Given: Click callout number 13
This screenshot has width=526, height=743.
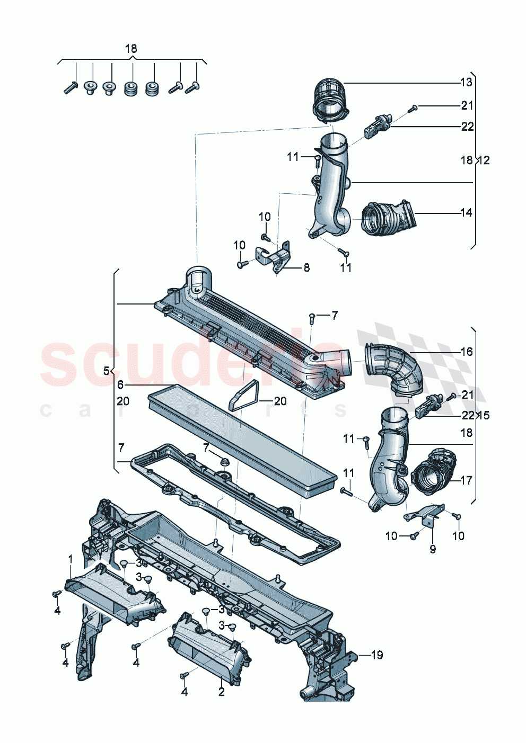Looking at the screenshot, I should click(466, 82).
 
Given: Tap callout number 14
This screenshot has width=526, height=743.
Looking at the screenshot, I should click(466, 213).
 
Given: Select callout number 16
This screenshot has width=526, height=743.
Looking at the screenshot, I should click(466, 352).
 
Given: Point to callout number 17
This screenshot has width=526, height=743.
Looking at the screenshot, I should click(466, 480).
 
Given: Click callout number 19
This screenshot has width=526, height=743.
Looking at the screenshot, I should click(376, 655).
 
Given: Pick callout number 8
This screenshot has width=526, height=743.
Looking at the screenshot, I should click(306, 268).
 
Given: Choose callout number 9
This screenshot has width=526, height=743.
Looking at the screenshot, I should click(433, 549).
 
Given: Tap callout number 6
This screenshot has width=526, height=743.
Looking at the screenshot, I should click(120, 385).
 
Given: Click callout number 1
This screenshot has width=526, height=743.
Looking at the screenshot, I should click(71, 559).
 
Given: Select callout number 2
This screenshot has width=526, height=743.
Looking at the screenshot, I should click(222, 692).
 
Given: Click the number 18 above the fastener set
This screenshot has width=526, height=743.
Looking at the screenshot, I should click(131, 49).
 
